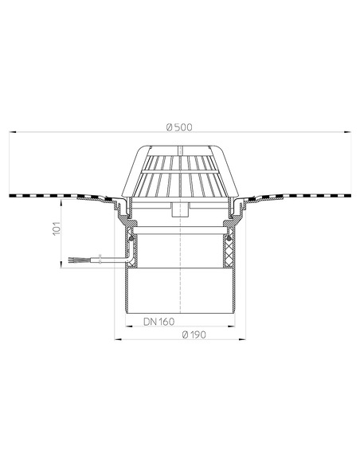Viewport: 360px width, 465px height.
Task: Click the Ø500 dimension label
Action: coord(180,126)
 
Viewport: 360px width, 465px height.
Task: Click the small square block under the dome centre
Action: coord(180,210)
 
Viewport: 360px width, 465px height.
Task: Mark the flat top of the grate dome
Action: coord(180,147)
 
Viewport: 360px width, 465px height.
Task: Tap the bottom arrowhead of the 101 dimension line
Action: coord(63,268)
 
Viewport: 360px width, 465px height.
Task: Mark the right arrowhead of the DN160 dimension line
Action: coord(233,328)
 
